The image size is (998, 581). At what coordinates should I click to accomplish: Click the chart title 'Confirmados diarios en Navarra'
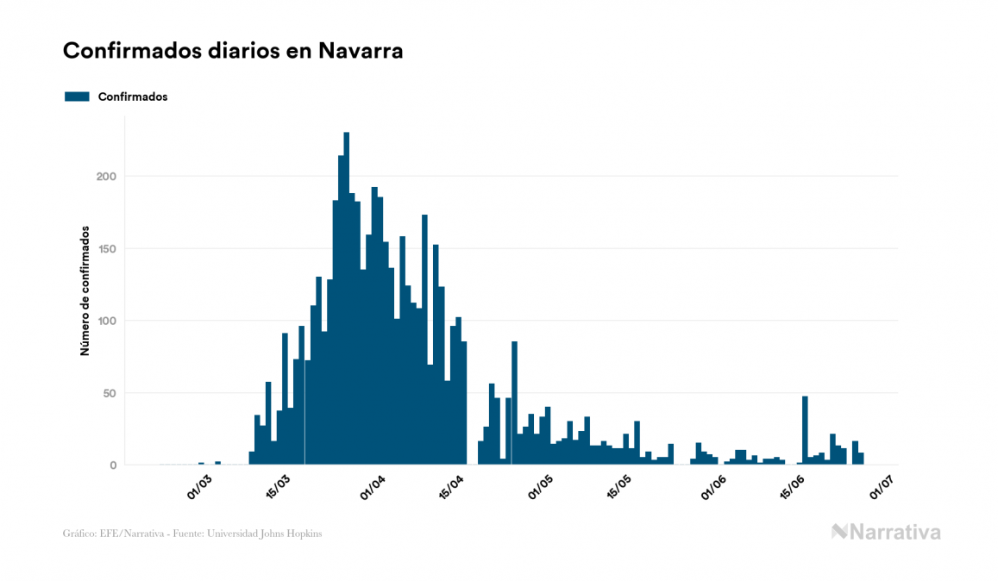(233, 51)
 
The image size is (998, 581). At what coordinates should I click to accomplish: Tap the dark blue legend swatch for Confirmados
(77, 97)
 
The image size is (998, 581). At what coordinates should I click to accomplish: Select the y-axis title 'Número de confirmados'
(85, 290)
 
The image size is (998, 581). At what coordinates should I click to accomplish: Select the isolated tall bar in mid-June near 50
(805, 431)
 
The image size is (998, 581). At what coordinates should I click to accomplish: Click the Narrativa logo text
(894, 532)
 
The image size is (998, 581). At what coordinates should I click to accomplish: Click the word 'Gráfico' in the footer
(78, 534)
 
